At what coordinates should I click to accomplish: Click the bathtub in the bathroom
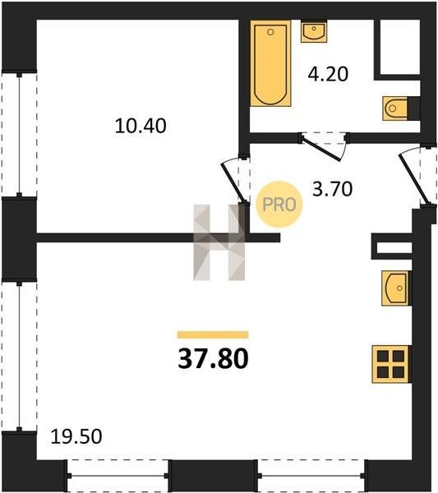coord(270,63)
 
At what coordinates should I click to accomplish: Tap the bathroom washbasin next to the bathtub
coord(314,31)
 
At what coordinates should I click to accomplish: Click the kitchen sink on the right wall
coord(396,288)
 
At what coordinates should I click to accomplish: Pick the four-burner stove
coord(391,364)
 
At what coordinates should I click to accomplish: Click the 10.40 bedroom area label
coord(141,126)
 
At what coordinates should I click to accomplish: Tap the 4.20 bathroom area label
coord(328,74)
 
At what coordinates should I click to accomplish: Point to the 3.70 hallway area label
coord(332,189)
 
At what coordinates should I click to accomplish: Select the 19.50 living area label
coord(76,436)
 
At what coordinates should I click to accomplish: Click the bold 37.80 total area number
coord(213,358)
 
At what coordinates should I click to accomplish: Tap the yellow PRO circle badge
coord(279,205)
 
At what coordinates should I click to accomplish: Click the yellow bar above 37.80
coord(213,334)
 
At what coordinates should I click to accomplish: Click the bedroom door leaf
coord(233,182)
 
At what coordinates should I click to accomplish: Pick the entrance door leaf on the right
coord(414,179)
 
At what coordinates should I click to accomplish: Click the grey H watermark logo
coord(219,242)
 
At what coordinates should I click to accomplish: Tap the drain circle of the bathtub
coord(270,32)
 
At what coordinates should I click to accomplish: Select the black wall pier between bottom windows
coord(213,476)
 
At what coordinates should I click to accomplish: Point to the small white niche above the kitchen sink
coord(394,248)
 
